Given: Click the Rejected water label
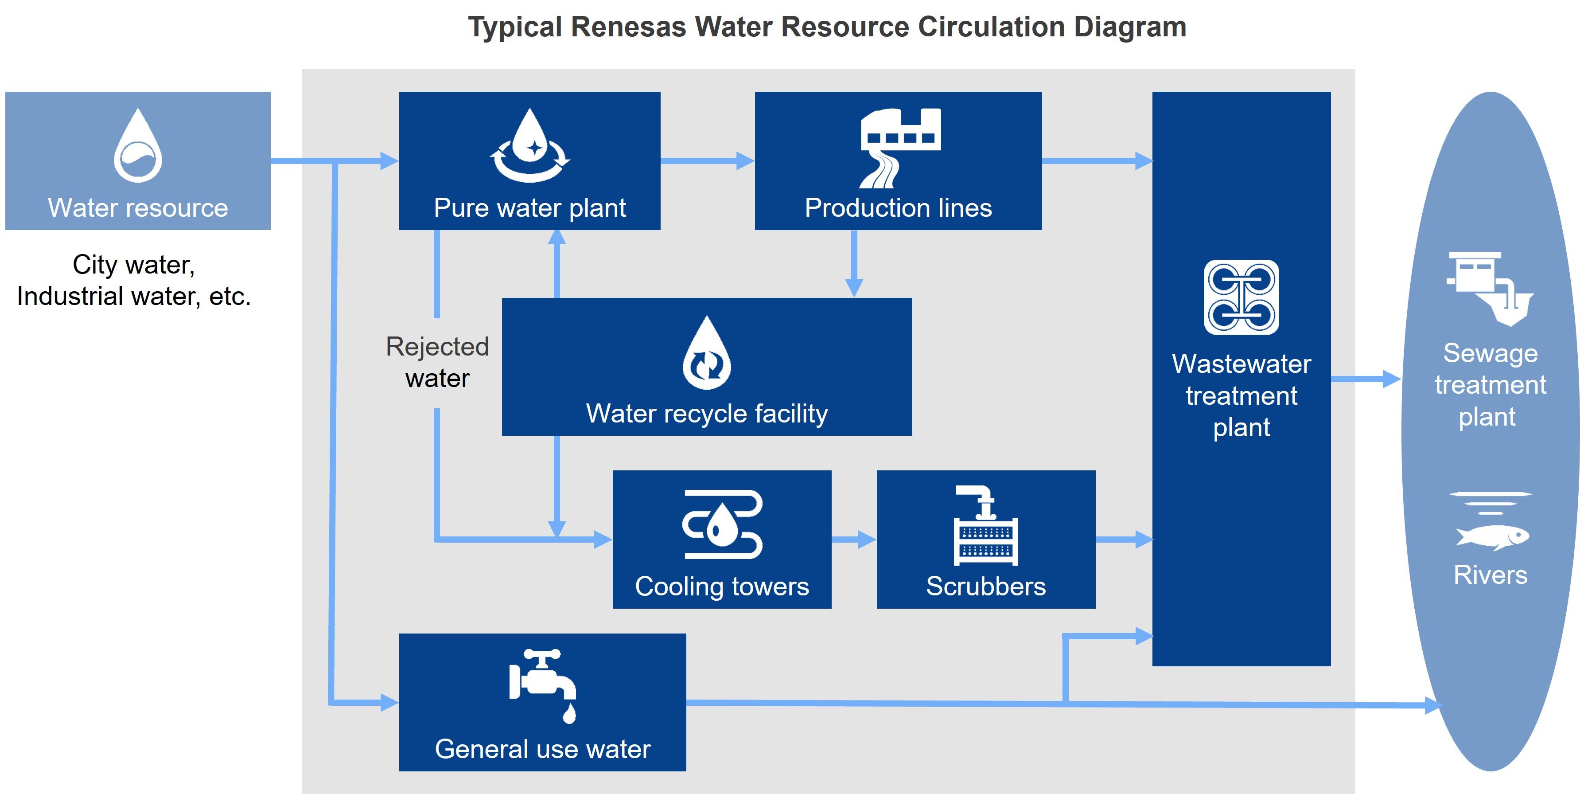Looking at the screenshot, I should pyautogui.click(x=437, y=363).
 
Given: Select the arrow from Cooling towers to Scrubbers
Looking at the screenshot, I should pyautogui.click(x=854, y=540).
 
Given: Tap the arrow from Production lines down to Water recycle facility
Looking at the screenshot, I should pyautogui.click(x=854, y=264).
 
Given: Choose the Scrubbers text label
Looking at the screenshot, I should pyautogui.click(x=986, y=587).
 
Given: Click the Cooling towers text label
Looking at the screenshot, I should pyautogui.click(x=722, y=587).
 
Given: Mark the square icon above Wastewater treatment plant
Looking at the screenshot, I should pyautogui.click(x=1241, y=297).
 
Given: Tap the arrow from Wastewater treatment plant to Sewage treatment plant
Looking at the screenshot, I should pyautogui.click(x=1365, y=379).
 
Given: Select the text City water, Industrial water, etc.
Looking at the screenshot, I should pyautogui.click(x=134, y=281).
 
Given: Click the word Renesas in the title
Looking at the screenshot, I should pyautogui.click(x=629, y=27).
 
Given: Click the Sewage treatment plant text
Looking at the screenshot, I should pyautogui.click(x=1490, y=385).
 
